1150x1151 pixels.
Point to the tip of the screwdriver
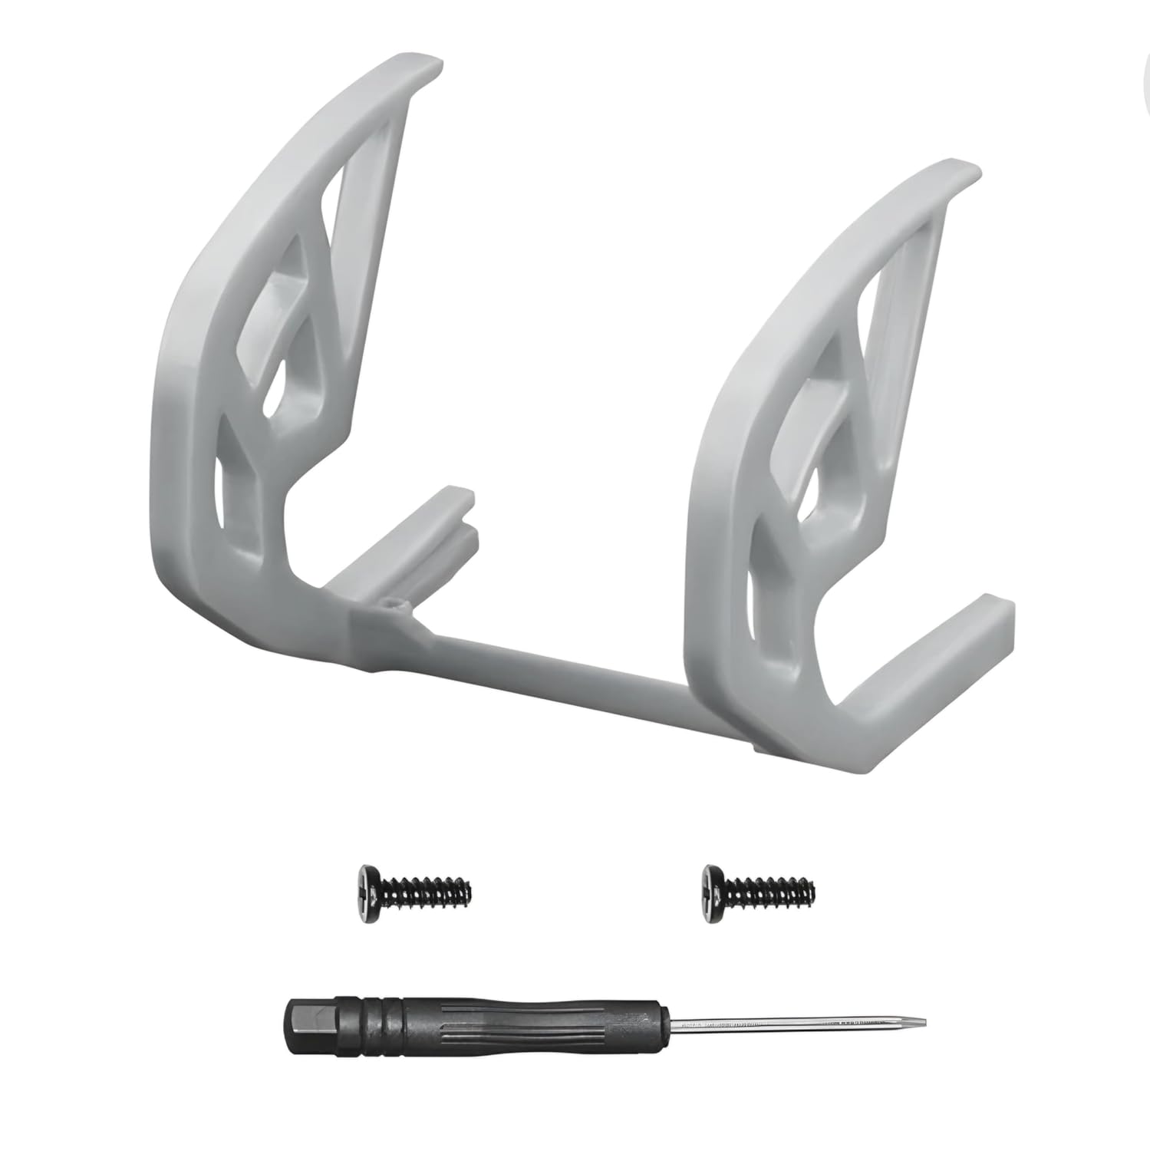(x=925, y=1022)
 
